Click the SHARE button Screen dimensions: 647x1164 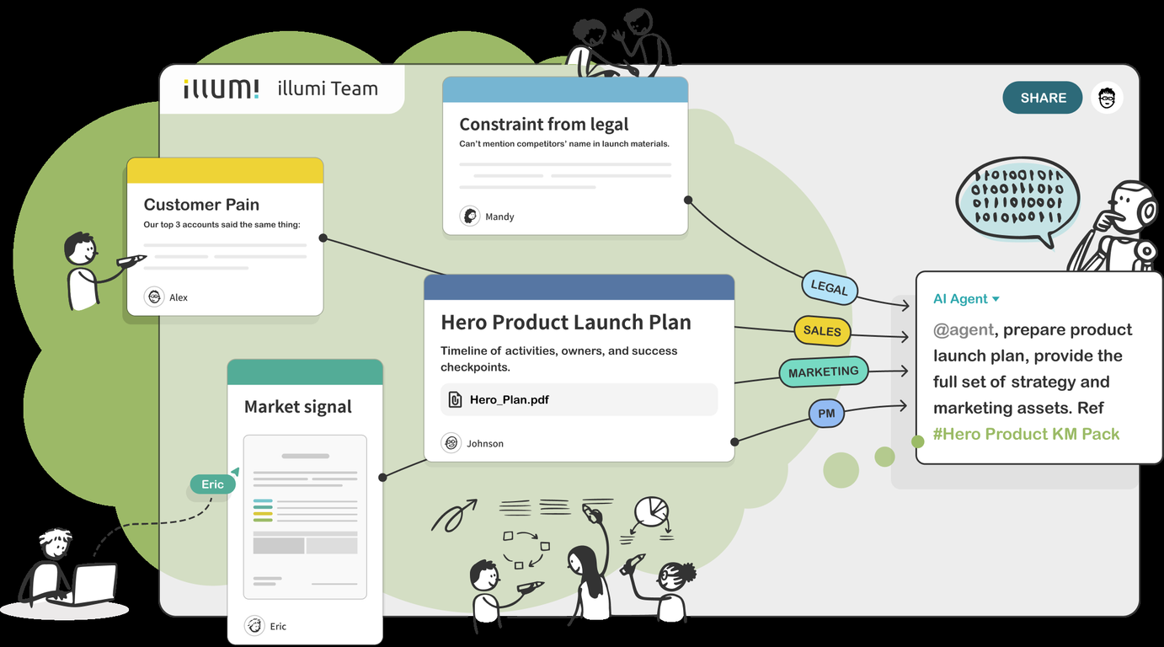coord(1043,98)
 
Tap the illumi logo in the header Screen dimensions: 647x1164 coord(221,88)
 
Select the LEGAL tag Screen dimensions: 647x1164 coord(829,288)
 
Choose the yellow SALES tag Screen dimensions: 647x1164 coord(822,331)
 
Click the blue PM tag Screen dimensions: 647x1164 coord(826,414)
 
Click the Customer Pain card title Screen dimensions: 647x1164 coord(201,205)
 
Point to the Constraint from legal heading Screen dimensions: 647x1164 coord(543,125)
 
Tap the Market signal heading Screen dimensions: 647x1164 coord(298,407)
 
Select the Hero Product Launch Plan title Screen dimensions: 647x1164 coord(566,323)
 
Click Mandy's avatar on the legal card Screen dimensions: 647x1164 coord(470,217)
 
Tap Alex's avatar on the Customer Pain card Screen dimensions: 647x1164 coord(154,297)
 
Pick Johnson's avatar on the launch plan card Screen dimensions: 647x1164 coord(451,443)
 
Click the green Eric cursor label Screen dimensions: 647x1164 coord(212,484)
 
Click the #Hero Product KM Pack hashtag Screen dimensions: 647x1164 coord(1026,435)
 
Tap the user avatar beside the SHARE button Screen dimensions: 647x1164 coord(1107,98)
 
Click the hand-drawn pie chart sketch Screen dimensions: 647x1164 coord(650,511)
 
